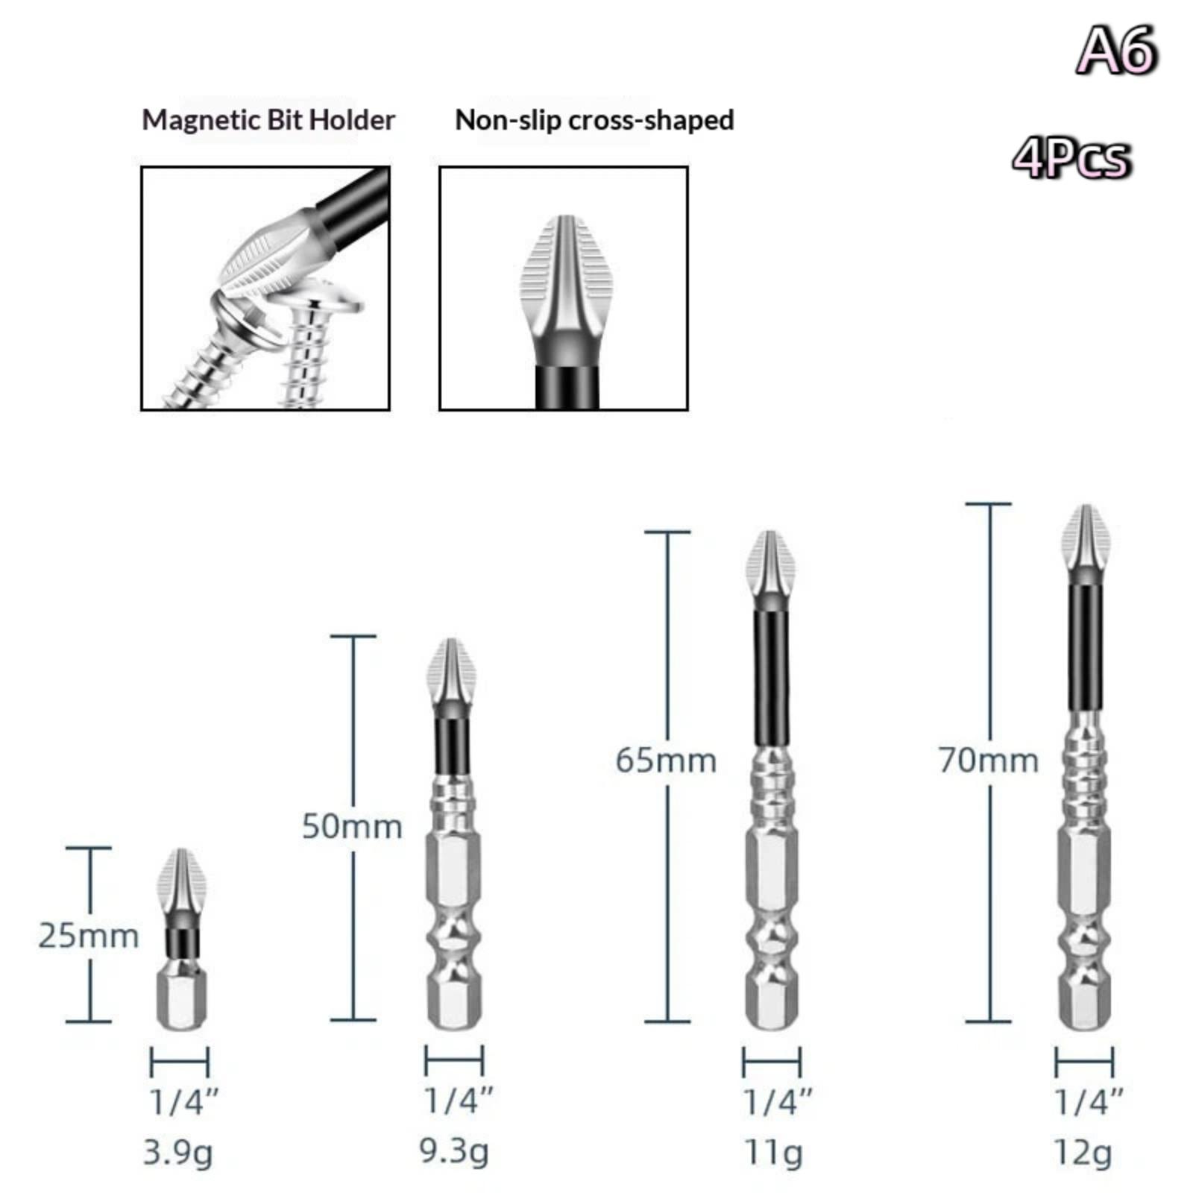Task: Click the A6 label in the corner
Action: (1117, 50)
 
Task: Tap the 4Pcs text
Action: (1072, 158)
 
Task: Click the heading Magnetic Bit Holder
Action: (268, 120)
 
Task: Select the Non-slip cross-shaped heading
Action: (594, 120)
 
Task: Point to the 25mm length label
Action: (89, 936)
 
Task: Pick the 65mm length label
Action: (666, 761)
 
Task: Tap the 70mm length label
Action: (988, 761)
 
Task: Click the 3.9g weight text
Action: (177, 1153)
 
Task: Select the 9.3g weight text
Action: (454, 1152)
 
